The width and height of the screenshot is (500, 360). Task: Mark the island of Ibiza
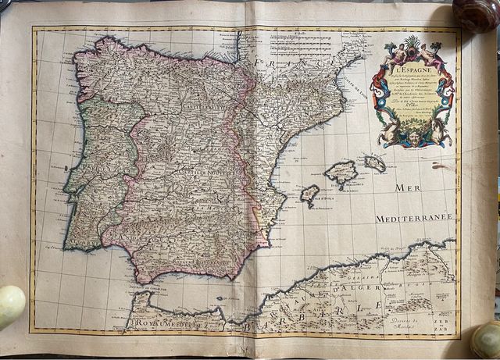(x=310, y=192)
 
